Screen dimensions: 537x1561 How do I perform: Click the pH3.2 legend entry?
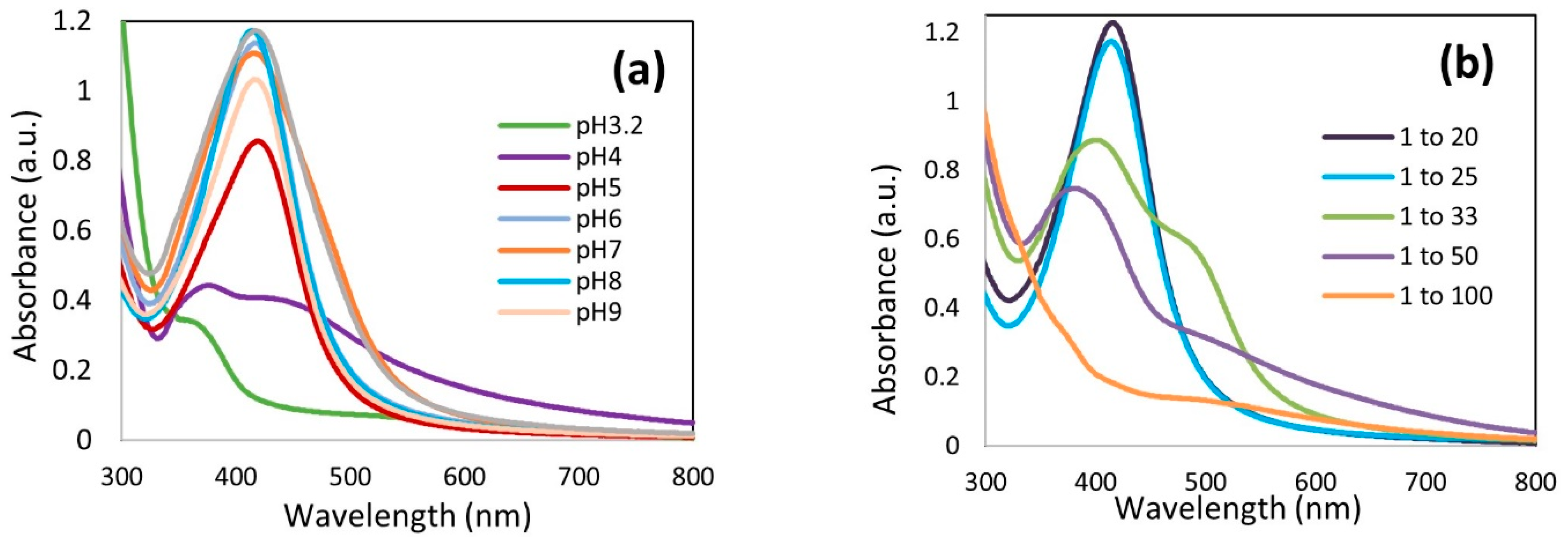coord(609,126)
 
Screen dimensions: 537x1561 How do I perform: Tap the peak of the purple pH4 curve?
coord(209,284)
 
